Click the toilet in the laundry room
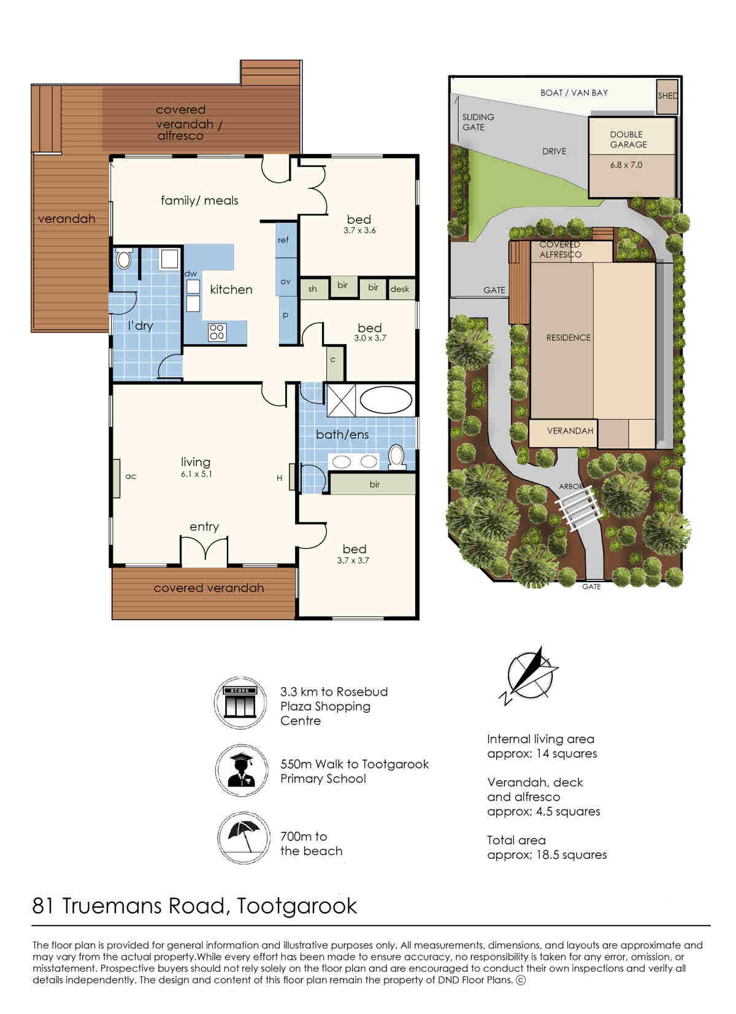click(123, 260)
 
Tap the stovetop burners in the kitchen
click(217, 332)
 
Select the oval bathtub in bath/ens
click(386, 400)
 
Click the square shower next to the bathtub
click(341, 400)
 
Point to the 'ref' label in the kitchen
click(283, 240)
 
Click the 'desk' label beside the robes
click(400, 289)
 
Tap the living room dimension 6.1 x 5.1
click(196, 474)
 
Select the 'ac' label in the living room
click(131, 476)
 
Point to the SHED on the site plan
click(667, 96)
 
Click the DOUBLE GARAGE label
click(628, 139)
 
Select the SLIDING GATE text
click(478, 122)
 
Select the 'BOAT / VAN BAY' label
click(574, 93)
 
